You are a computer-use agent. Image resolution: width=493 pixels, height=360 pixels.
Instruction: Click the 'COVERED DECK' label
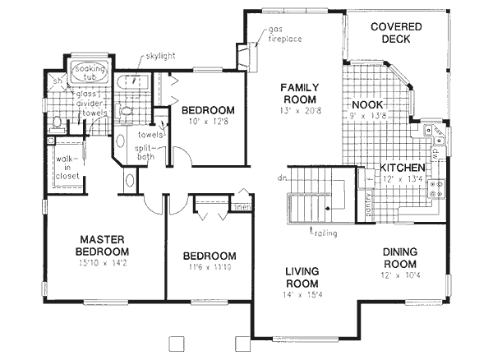point(395,34)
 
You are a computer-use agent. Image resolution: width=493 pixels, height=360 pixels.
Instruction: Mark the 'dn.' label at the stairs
point(281,177)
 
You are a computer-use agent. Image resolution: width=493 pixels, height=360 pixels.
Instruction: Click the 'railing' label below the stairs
point(324,233)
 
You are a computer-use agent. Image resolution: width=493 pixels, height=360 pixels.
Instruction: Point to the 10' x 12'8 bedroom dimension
point(208,122)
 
